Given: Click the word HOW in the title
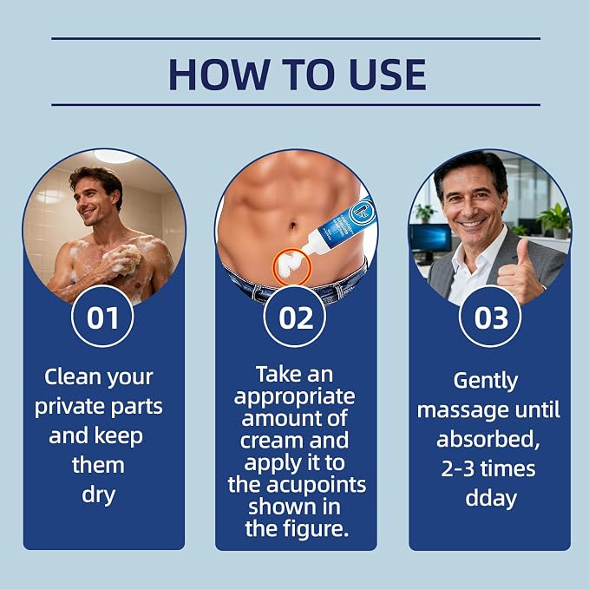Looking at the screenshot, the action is click(219, 75).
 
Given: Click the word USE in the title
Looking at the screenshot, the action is click(388, 75).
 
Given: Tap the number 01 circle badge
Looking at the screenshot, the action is click(102, 317).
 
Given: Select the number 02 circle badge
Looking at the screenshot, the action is click(295, 317).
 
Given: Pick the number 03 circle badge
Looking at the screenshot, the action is click(490, 317).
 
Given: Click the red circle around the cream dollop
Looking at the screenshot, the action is click(292, 267).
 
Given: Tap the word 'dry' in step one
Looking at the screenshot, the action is click(98, 495).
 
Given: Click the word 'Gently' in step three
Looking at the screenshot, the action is click(486, 382).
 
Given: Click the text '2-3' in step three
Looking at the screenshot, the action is click(457, 468).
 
